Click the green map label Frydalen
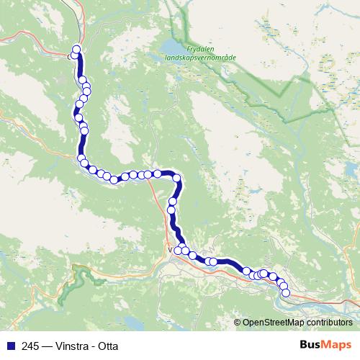180,50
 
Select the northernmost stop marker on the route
76,49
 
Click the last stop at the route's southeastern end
285,293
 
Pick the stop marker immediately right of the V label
178,250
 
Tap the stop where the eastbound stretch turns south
176,178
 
